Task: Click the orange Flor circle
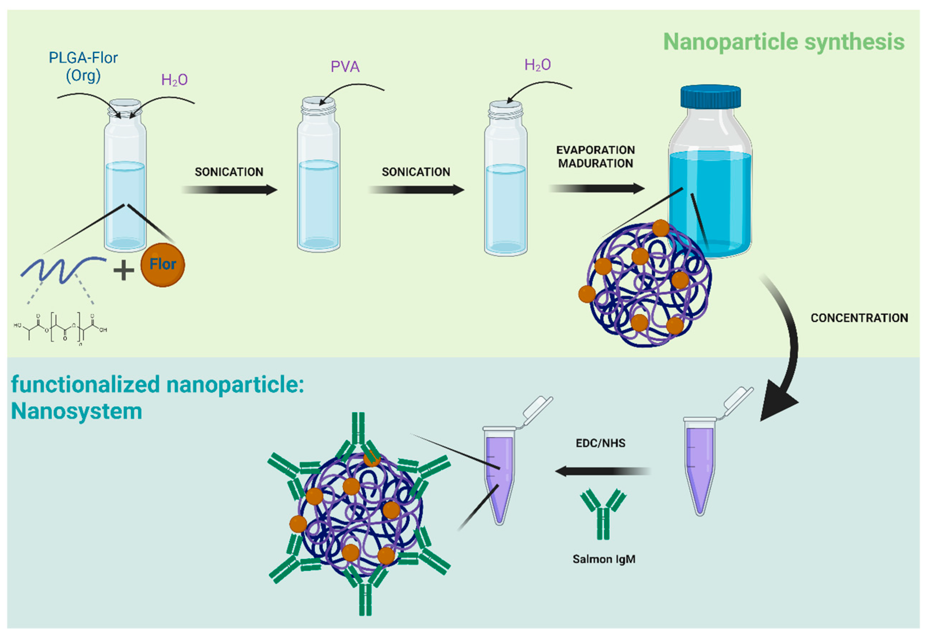click(162, 265)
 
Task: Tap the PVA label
click(345, 67)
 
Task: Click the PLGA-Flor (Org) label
click(83, 66)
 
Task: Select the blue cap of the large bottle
click(710, 96)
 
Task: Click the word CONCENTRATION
click(859, 318)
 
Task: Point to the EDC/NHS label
click(600, 443)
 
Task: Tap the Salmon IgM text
click(604, 559)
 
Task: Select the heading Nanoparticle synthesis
click(784, 42)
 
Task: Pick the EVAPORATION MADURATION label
click(596, 157)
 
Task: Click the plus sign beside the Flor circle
click(124, 271)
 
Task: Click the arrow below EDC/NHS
click(602, 471)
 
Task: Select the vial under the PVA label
click(318, 176)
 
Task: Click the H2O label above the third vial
click(537, 65)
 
